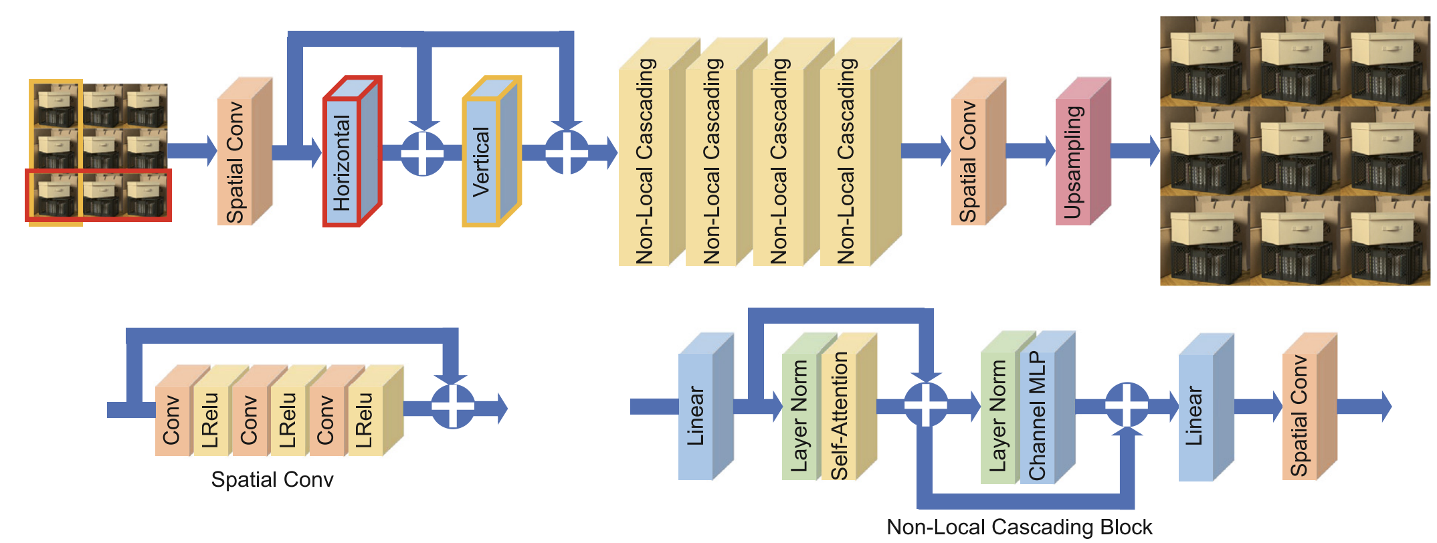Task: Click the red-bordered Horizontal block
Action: (x=342, y=161)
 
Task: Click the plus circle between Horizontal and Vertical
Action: (x=422, y=153)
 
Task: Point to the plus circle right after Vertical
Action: (x=567, y=152)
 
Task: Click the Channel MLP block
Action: (x=1038, y=415)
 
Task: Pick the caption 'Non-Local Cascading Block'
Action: (x=1019, y=527)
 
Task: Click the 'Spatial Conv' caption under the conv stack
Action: (x=272, y=479)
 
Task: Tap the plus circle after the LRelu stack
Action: (x=453, y=406)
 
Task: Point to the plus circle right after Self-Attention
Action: (x=926, y=405)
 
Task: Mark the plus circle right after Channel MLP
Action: (x=1127, y=405)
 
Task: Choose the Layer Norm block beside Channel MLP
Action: (x=998, y=415)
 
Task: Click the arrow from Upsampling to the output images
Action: (x=1135, y=150)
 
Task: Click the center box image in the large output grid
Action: (x=1295, y=150)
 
